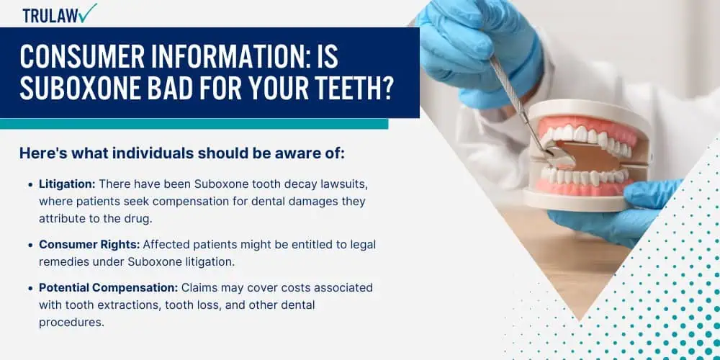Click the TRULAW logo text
point(50,16)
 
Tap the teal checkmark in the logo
point(87,12)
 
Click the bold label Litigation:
point(67,184)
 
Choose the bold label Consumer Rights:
point(89,245)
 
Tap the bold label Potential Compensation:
point(109,288)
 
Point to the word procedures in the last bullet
point(71,323)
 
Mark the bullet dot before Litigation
point(30,184)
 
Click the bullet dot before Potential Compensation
point(30,289)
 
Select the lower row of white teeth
point(584,176)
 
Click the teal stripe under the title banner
point(194,124)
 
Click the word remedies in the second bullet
point(61,262)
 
